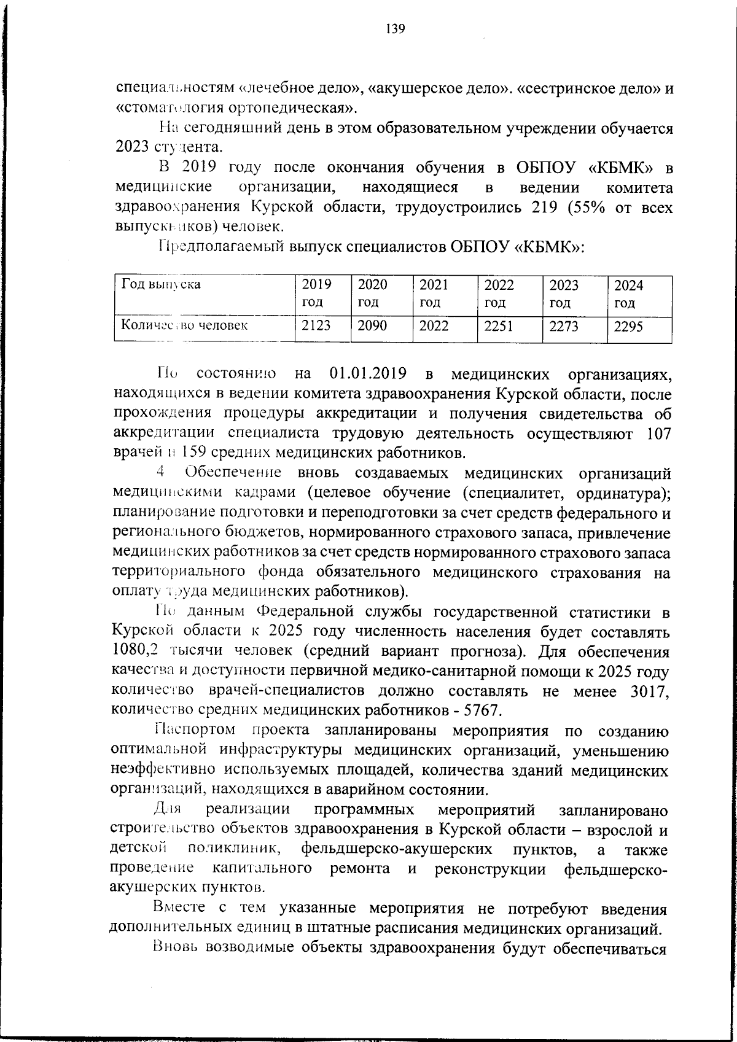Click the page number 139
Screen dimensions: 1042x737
tap(396, 29)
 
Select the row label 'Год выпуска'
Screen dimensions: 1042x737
tap(161, 284)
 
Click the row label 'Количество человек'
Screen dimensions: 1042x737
tap(184, 325)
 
